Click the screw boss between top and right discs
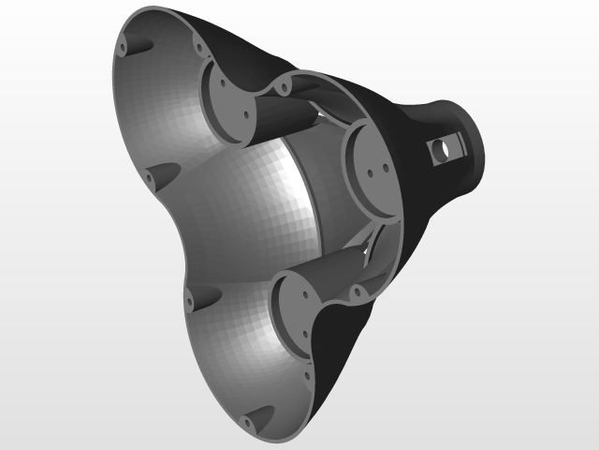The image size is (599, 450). point(281,89)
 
